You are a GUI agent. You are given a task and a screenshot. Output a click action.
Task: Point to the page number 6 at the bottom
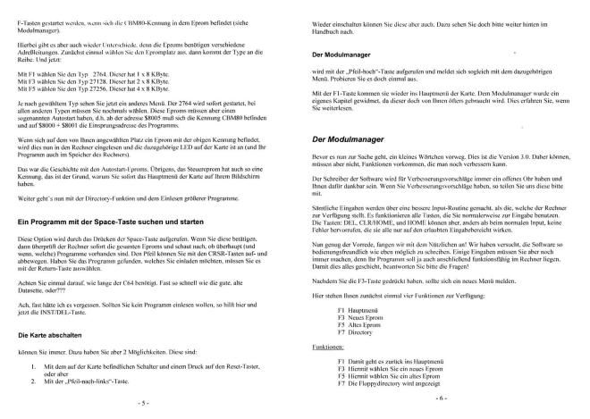point(441,397)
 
